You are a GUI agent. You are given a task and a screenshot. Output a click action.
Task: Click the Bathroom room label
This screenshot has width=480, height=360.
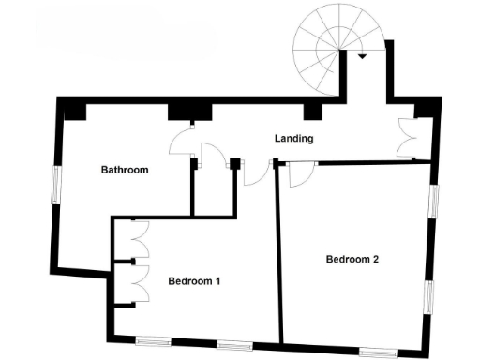[x=126, y=171]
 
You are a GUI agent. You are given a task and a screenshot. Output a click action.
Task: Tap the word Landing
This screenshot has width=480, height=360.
[x=293, y=139]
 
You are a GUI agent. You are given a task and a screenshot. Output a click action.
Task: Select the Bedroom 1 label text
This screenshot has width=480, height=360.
[x=195, y=280]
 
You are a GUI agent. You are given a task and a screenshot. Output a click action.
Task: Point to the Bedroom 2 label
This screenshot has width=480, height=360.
[x=352, y=259]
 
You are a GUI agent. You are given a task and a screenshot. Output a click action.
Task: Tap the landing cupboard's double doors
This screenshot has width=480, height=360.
[x=407, y=138]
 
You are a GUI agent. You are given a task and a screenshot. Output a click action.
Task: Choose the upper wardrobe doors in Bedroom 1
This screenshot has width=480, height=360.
[x=137, y=240]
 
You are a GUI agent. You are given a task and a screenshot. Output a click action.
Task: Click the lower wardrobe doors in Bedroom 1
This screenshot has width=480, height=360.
[x=137, y=281]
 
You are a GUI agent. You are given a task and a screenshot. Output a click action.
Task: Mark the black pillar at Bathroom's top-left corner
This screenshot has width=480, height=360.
[x=72, y=110]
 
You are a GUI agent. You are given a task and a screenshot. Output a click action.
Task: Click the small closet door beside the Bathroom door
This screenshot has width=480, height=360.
[x=214, y=161]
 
